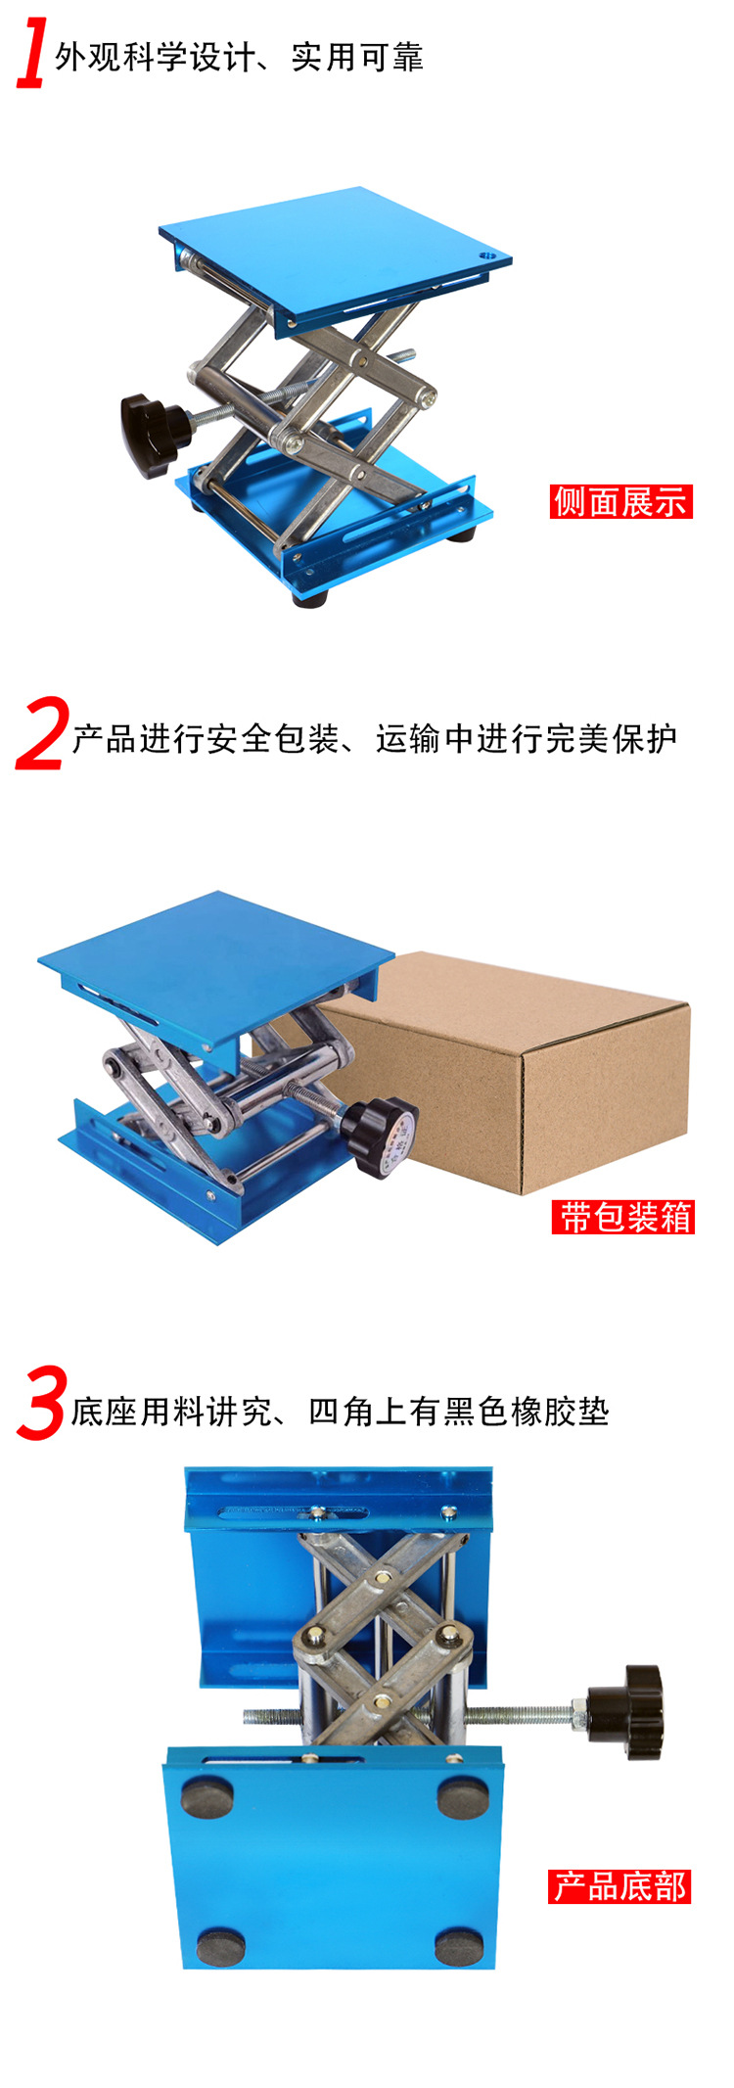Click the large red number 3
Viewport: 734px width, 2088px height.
click(x=41, y=1404)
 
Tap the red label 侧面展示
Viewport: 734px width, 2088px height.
click(x=620, y=501)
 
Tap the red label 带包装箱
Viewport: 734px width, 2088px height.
click(x=622, y=1217)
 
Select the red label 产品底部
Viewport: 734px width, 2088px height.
click(x=619, y=1886)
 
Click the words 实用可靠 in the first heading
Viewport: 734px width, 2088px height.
click(x=357, y=58)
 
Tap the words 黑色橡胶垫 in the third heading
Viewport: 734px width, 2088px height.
click(x=527, y=1412)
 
